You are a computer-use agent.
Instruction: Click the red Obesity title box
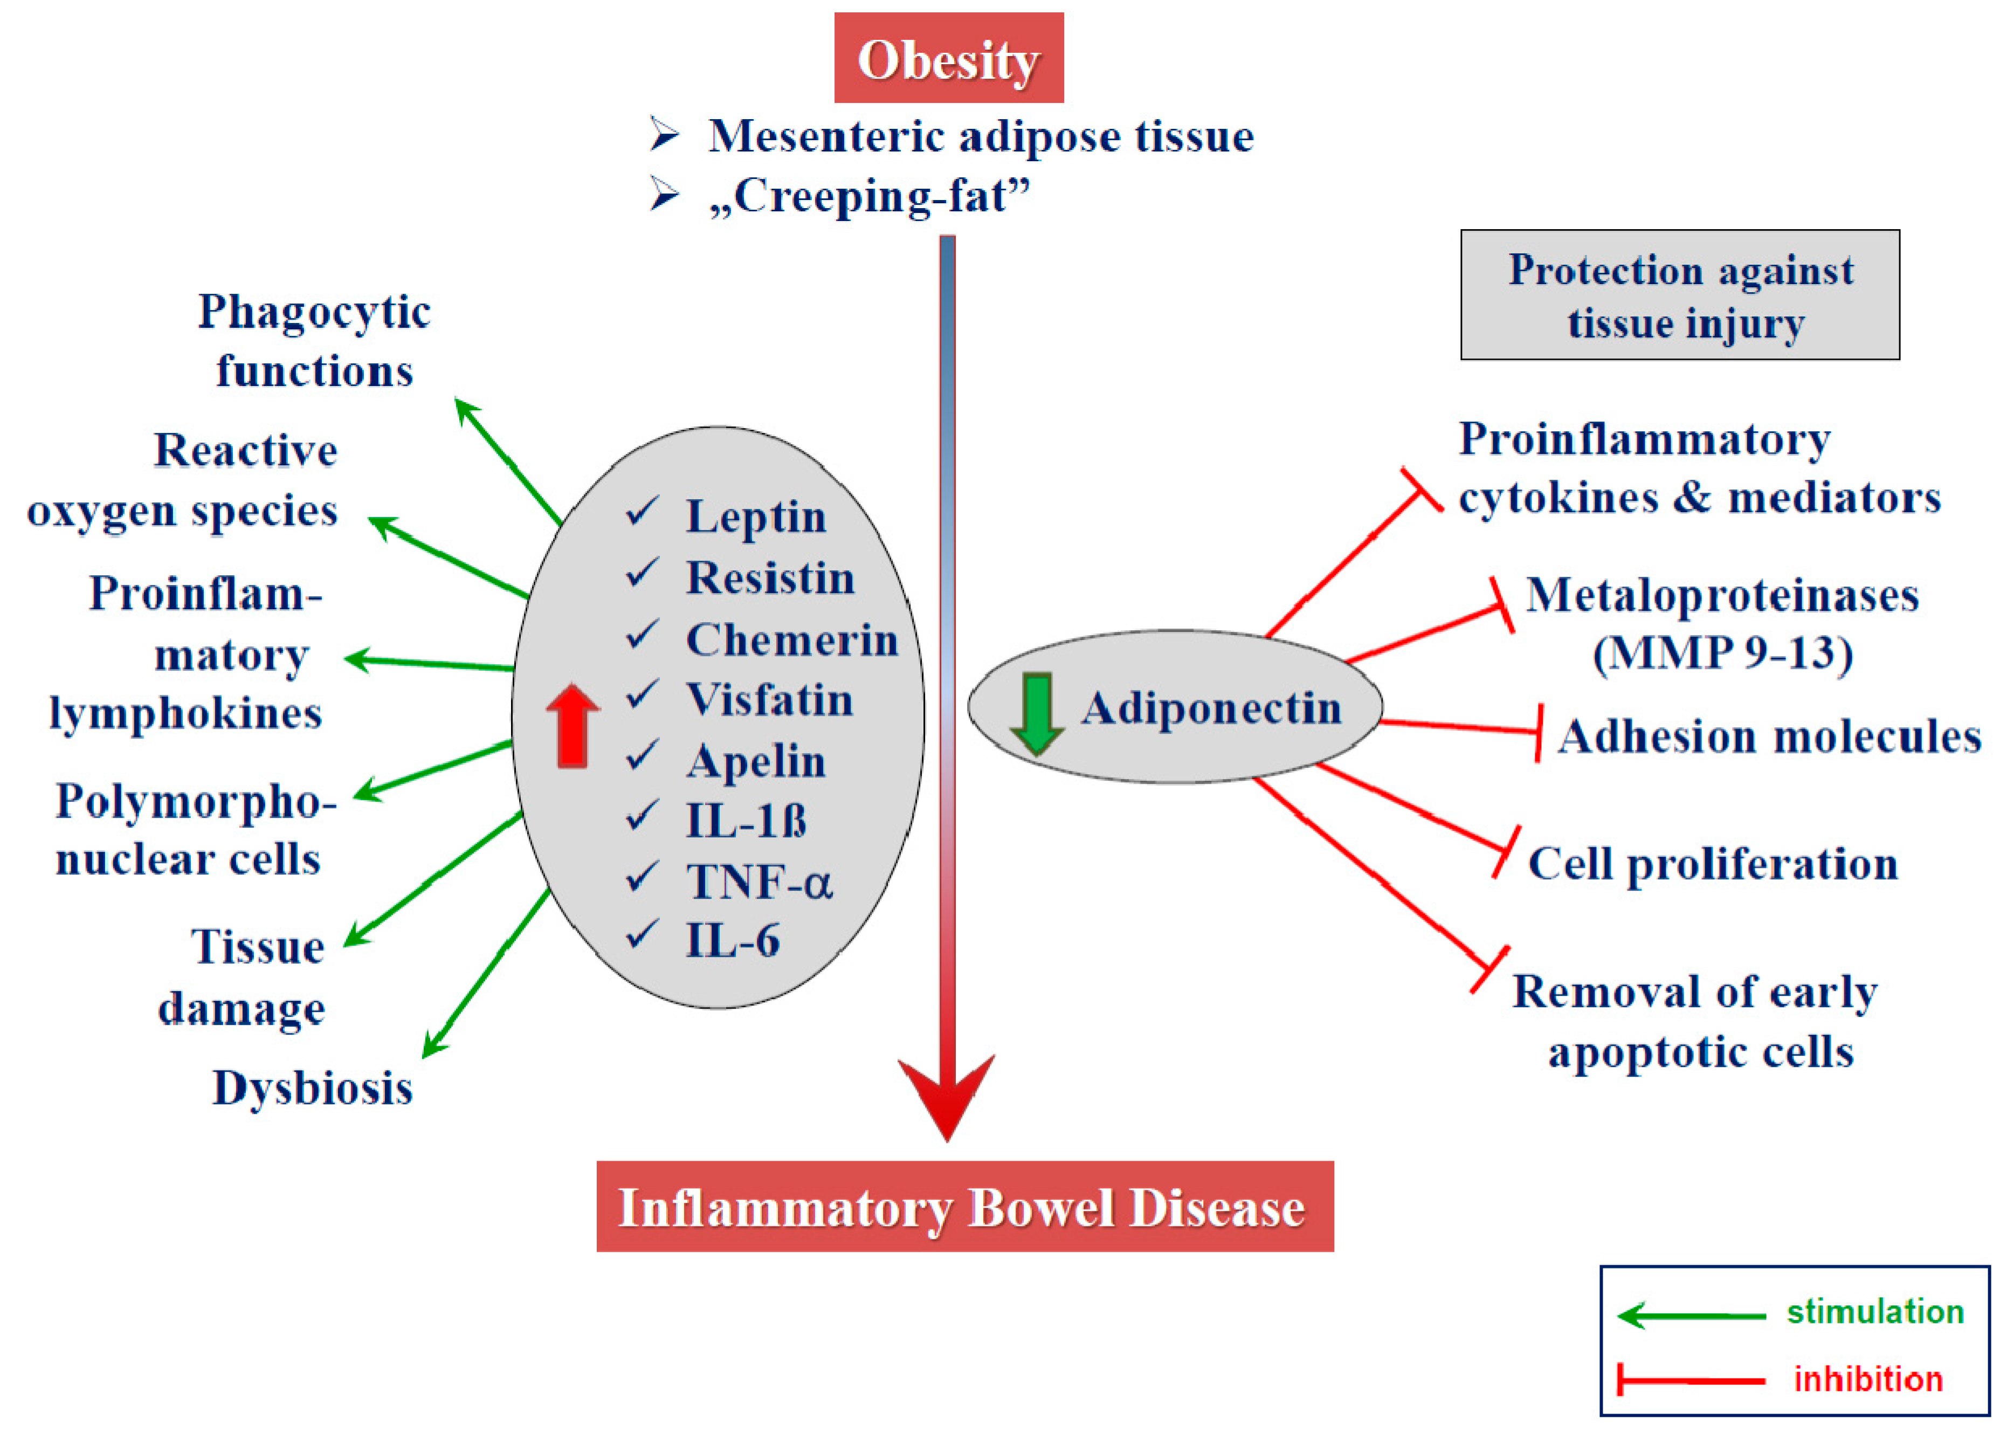(x=949, y=58)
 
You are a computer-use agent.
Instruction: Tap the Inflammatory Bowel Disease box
(x=965, y=1207)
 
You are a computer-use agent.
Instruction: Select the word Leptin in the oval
(x=756, y=517)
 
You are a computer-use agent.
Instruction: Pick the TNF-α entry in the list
(x=758, y=881)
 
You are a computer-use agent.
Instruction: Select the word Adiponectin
(x=1212, y=708)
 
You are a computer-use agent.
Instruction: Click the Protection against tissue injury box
(x=1679, y=295)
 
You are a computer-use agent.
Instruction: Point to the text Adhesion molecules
(x=1769, y=736)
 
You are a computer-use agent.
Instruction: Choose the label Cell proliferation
(x=1713, y=863)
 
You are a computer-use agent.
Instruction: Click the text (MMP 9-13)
(x=1722, y=653)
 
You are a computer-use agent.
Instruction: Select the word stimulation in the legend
(x=1875, y=1311)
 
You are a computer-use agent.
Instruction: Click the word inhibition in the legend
(x=1868, y=1379)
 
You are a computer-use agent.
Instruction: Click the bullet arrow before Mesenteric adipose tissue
(x=664, y=135)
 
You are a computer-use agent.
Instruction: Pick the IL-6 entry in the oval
(x=732, y=940)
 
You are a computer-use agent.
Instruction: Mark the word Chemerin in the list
(x=791, y=639)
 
